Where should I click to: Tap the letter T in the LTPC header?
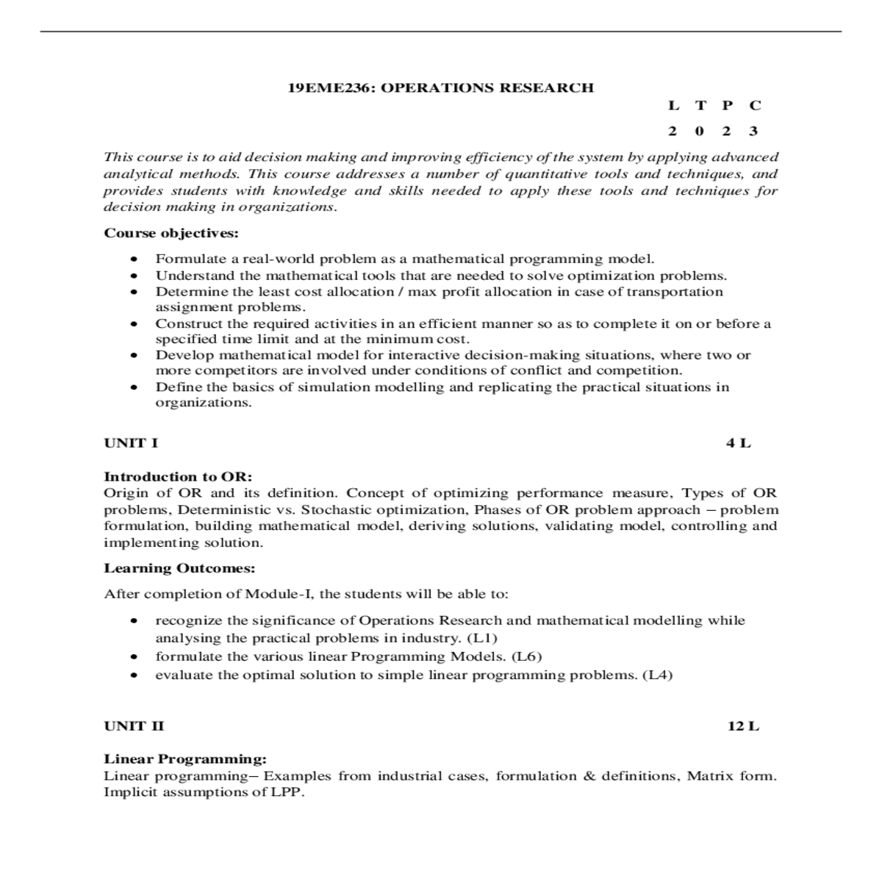pos(700,105)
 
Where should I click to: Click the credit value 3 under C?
pos(753,132)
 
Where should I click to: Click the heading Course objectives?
pos(171,234)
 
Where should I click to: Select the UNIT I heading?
pos(131,443)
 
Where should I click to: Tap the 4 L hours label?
pos(739,443)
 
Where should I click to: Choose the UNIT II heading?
pos(134,726)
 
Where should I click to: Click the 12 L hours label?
pos(743,726)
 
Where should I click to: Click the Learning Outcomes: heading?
pos(179,568)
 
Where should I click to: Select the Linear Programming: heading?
pos(185,759)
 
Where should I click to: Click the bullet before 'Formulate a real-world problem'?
pos(134,259)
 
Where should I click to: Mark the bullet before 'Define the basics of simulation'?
pos(134,387)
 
